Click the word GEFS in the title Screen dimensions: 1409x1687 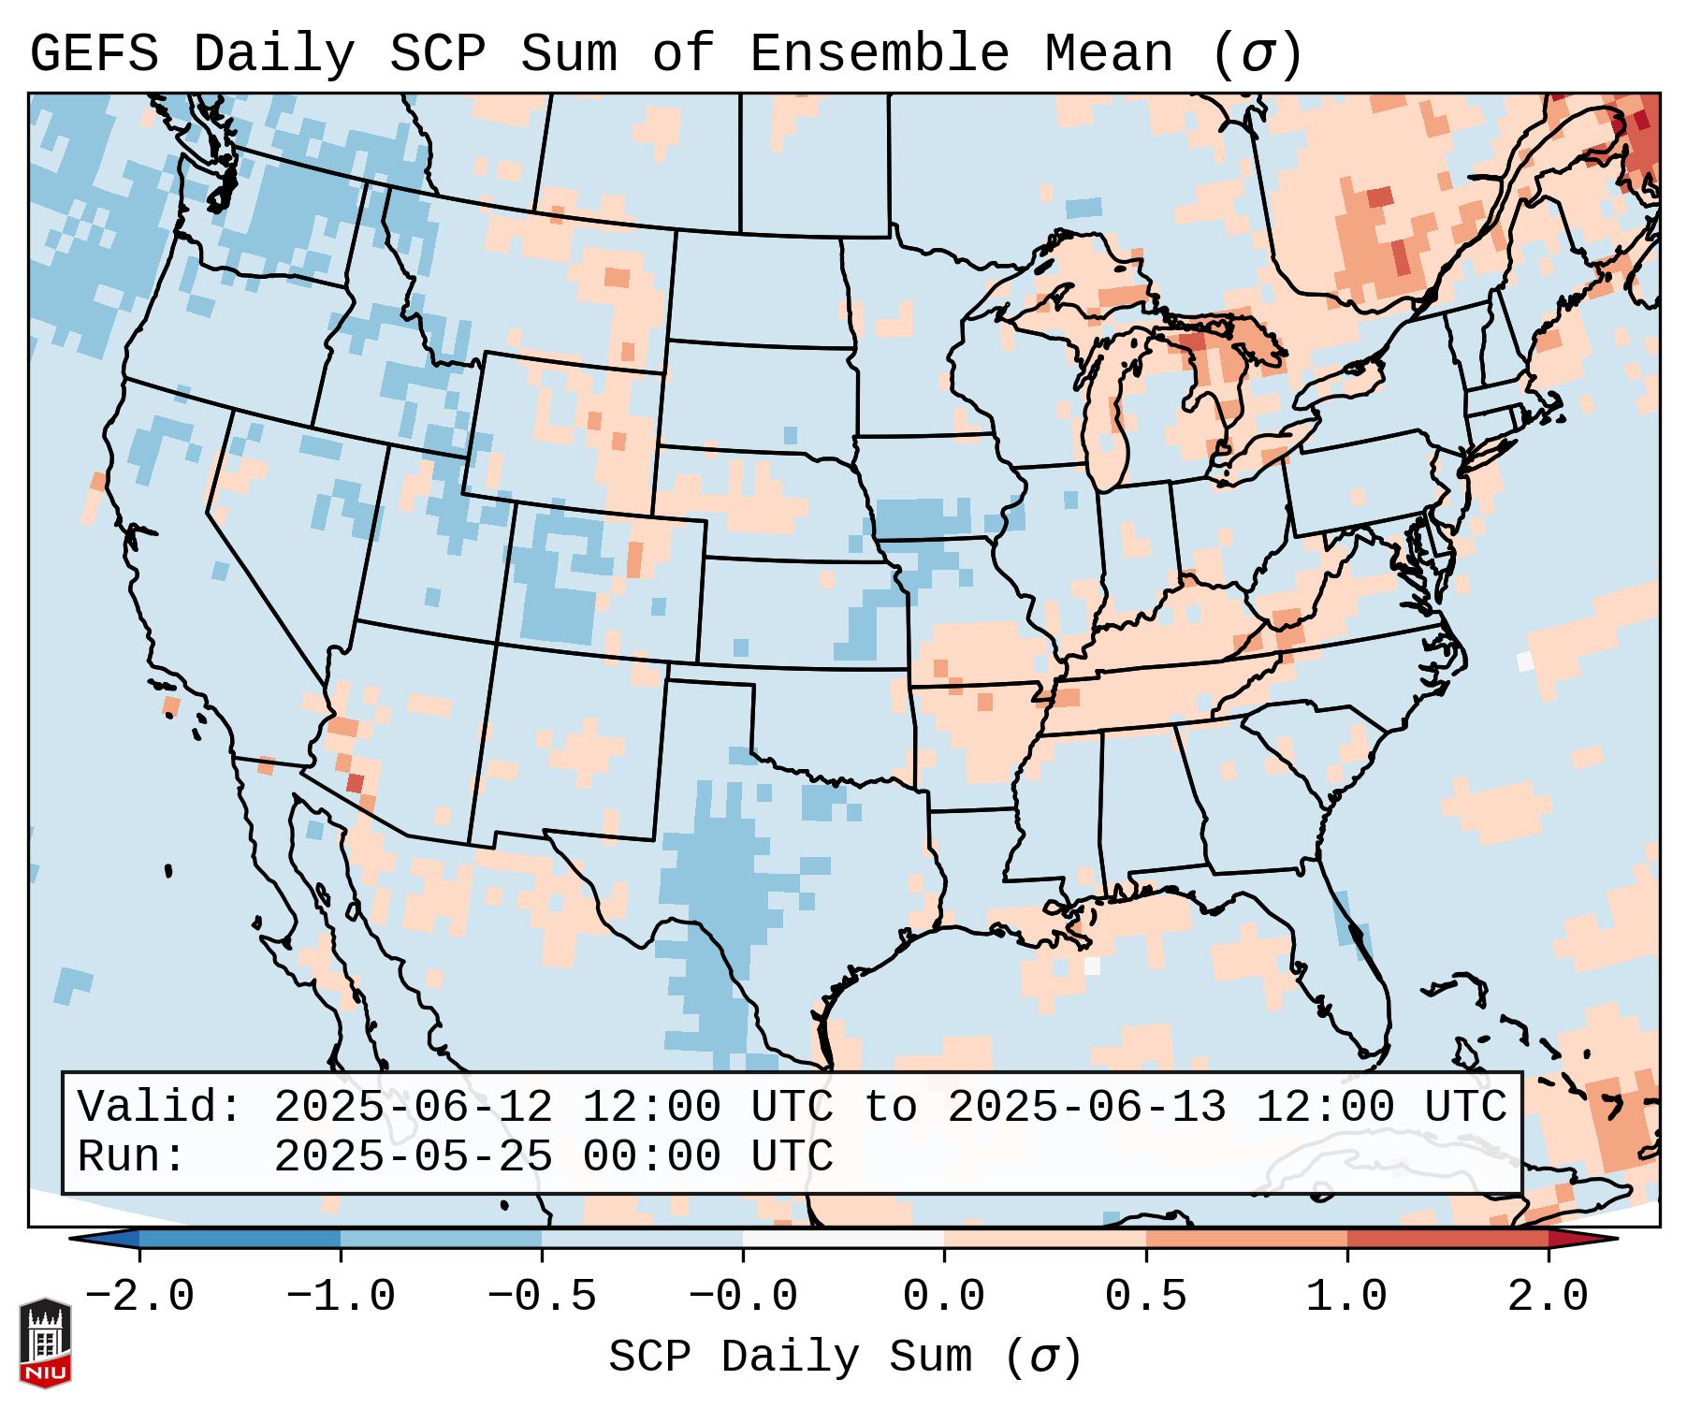[94, 54]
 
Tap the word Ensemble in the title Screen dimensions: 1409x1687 [879, 54]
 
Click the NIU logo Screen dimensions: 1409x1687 [45, 1344]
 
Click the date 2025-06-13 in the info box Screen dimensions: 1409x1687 [1086, 1108]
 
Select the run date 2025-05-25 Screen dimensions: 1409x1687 [413, 1156]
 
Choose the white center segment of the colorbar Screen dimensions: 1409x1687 [843, 1239]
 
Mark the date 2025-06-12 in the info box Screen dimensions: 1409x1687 [413, 1108]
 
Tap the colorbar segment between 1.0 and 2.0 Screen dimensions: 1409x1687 [1447, 1239]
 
